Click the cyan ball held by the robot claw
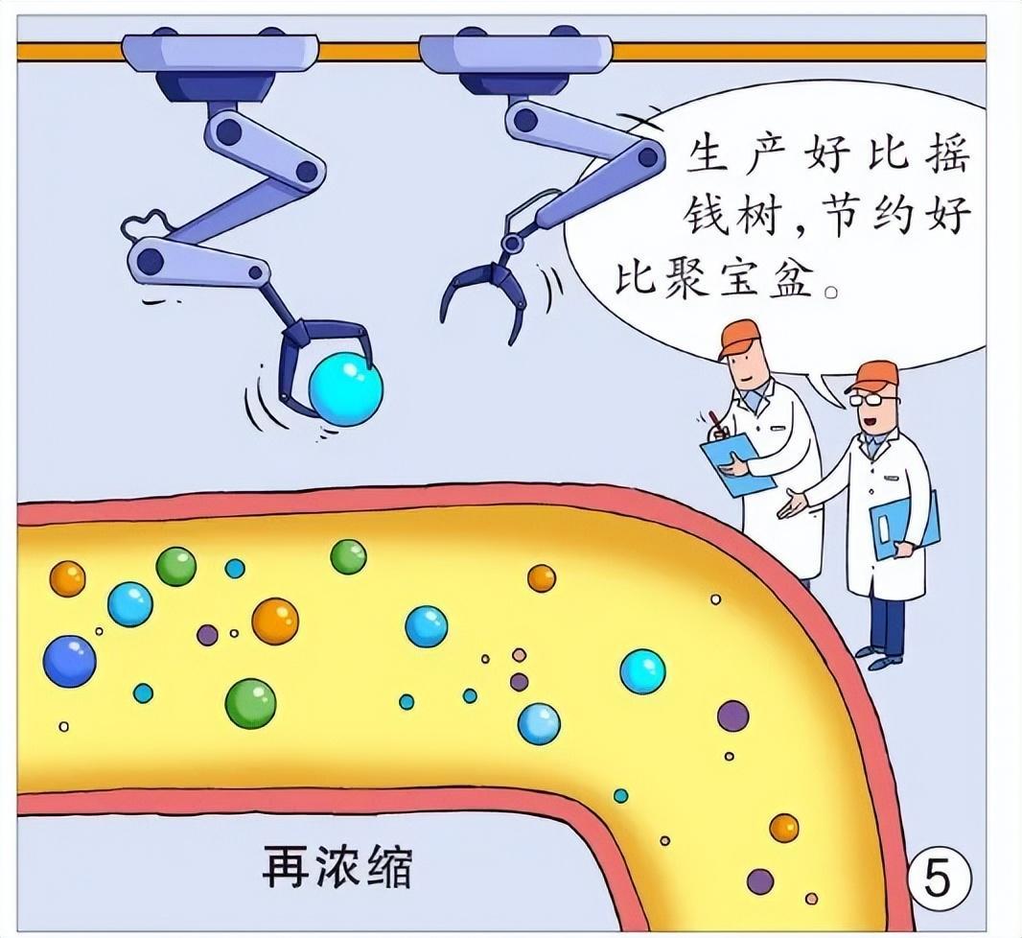(345, 389)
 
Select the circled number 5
(939, 878)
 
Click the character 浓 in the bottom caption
(337, 868)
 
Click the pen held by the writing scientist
(715, 422)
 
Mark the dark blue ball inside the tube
(69, 662)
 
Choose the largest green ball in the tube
(250, 703)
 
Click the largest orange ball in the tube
(275, 621)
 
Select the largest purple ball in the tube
(732, 715)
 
